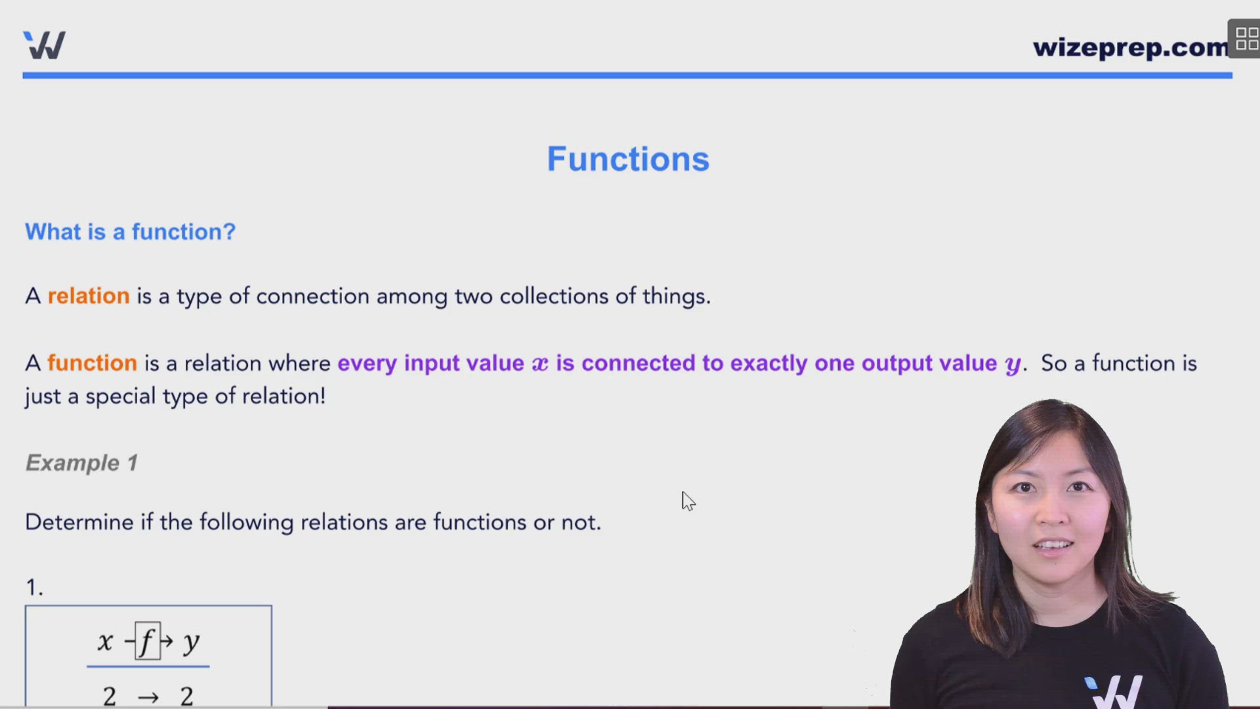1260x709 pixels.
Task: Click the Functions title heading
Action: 628,160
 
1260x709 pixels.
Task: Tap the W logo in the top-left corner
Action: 45,45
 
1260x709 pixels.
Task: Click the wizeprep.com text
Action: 1130,47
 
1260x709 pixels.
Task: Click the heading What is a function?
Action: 130,232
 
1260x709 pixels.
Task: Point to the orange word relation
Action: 89,296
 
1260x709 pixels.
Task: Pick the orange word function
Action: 92,363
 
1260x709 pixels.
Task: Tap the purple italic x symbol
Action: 539,364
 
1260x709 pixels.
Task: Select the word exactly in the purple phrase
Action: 768,364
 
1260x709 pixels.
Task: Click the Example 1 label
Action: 81,463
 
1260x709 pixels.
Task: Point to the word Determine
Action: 79,522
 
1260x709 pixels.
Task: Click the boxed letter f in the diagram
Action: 148,641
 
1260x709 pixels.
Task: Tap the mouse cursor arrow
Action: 688,501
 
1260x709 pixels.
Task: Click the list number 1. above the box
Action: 34,587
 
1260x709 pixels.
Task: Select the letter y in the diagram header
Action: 191,642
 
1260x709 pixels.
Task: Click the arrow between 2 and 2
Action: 148,697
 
